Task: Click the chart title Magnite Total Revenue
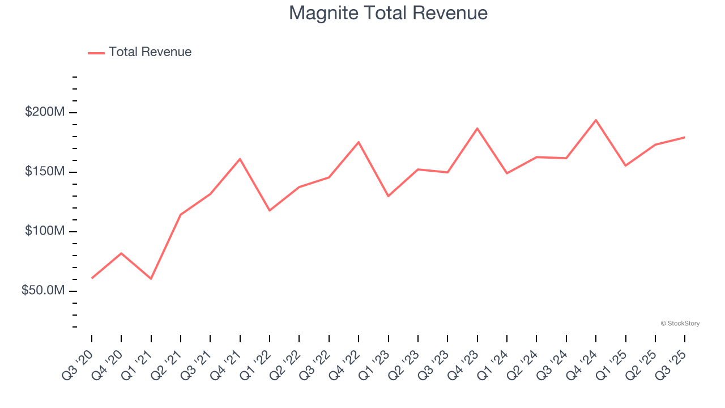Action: tap(388, 13)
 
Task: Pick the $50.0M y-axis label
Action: tap(42, 291)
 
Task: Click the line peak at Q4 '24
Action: tap(596, 120)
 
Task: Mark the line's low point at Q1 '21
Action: tap(151, 279)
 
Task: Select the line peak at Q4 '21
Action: tap(240, 159)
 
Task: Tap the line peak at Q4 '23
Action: tap(477, 129)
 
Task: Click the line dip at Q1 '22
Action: tap(270, 210)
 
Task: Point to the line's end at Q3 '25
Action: tap(684, 137)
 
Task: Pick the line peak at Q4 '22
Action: tap(359, 142)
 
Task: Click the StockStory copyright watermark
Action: tap(680, 324)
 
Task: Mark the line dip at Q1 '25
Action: tap(625, 165)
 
